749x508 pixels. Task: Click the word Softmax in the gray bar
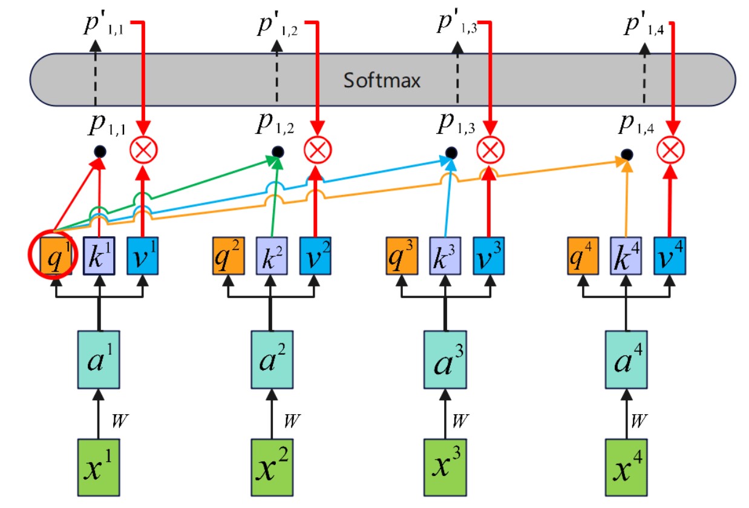382,81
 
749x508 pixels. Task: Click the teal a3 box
445,359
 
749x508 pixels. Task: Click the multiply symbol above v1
143,149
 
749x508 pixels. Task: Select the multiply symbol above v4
670,149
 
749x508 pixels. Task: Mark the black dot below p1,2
277,151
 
